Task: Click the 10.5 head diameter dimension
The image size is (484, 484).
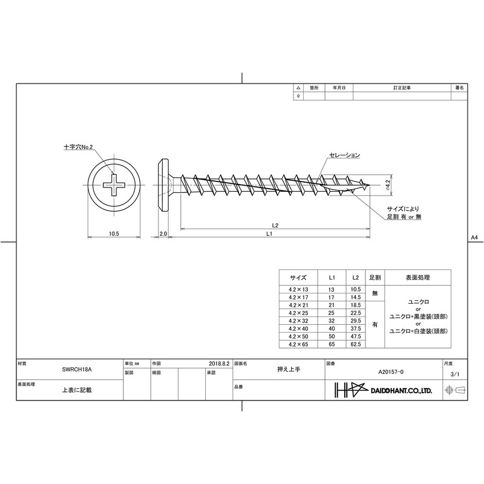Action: tap(114, 234)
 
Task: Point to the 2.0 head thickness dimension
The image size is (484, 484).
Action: tap(163, 234)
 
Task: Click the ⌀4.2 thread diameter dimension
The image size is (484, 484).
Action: tap(388, 185)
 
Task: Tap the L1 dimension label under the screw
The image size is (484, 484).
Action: tap(269, 234)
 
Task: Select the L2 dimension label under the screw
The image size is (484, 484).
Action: tap(275, 225)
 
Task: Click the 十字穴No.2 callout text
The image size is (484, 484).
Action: tap(78, 147)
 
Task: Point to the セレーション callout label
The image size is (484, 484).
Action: tap(344, 155)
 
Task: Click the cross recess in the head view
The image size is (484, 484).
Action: tap(114, 185)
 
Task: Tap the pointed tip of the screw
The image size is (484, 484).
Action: tap(370, 186)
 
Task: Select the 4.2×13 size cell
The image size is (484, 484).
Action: tap(298, 290)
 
